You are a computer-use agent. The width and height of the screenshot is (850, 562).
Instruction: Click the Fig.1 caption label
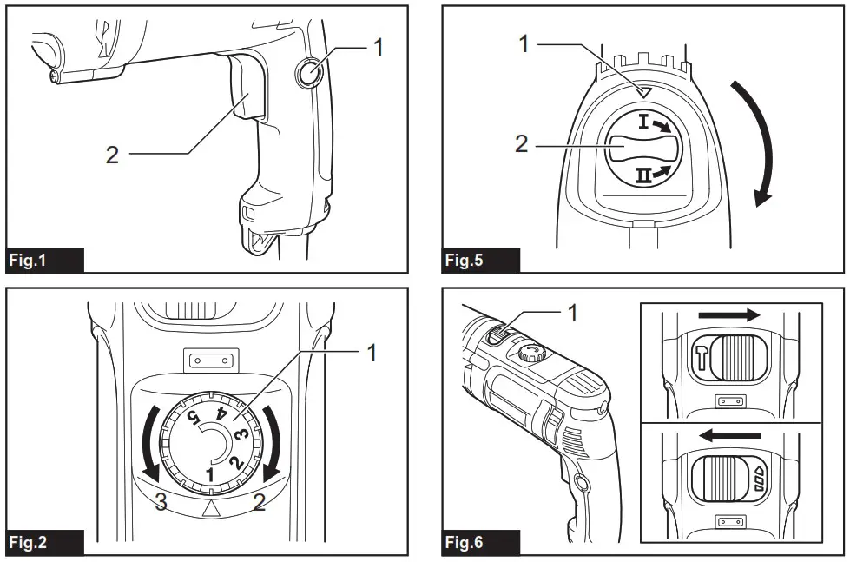[30, 261]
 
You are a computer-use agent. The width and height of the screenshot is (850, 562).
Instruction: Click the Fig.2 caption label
[30, 543]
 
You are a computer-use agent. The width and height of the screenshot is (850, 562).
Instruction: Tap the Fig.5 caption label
[465, 261]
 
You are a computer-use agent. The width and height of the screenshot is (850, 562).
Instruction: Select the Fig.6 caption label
[465, 543]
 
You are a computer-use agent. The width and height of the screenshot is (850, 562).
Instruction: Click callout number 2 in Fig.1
[112, 155]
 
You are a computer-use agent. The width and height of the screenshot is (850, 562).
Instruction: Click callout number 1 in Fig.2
[371, 354]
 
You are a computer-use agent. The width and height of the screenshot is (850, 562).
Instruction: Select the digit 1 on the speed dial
[209, 474]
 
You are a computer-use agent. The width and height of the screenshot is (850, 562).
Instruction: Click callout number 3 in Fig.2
[161, 501]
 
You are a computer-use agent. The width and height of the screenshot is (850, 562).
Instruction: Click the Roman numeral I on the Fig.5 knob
[644, 122]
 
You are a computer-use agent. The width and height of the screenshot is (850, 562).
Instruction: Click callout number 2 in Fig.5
[521, 144]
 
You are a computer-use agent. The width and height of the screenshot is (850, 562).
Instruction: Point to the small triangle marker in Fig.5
[642, 91]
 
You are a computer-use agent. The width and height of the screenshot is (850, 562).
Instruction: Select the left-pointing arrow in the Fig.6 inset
[729, 434]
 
